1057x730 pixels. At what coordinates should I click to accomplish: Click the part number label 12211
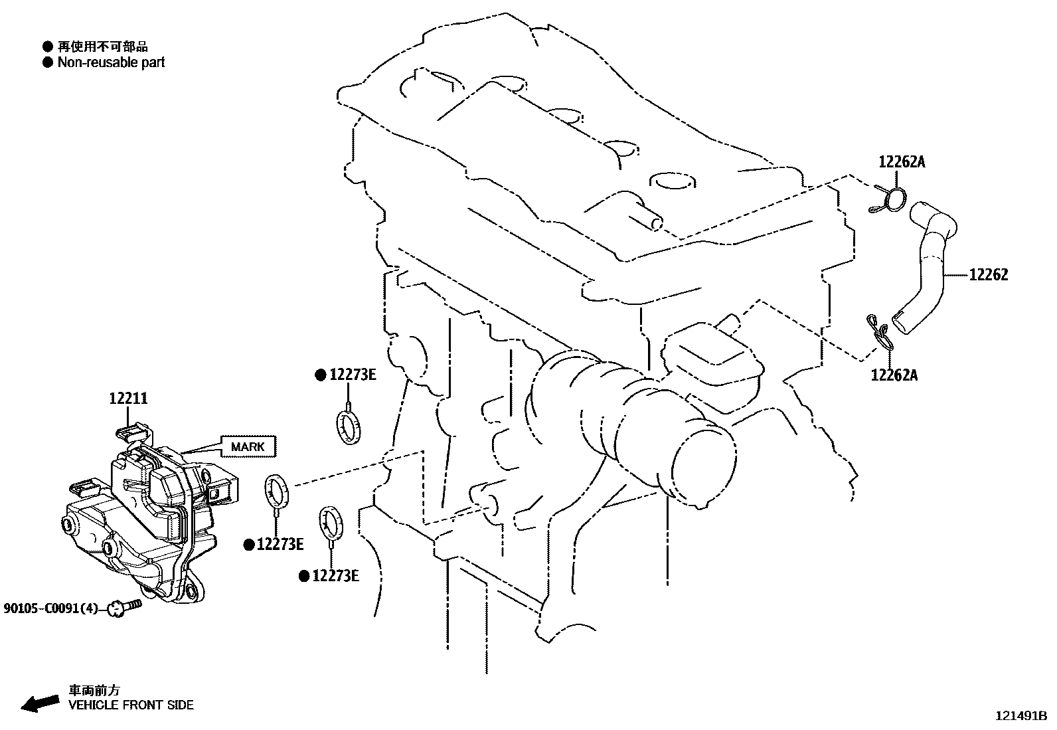pos(128,399)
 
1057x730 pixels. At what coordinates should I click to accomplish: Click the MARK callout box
pos(248,446)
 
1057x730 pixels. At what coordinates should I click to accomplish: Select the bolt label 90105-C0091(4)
pos(50,607)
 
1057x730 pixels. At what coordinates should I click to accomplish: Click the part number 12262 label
pos(988,274)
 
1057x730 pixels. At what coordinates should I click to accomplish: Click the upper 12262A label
pos(901,161)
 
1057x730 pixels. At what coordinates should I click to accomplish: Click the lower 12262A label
pos(894,375)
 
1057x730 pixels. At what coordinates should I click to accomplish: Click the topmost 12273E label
pos(352,375)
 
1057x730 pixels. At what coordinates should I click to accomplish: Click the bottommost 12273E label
pos(335,576)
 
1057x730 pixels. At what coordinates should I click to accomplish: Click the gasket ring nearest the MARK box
pos(278,490)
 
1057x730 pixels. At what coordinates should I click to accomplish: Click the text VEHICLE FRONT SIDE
pos(131,705)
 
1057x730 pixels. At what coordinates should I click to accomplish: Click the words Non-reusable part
pos(111,62)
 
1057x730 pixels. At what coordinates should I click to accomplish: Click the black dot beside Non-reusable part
pos(47,62)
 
